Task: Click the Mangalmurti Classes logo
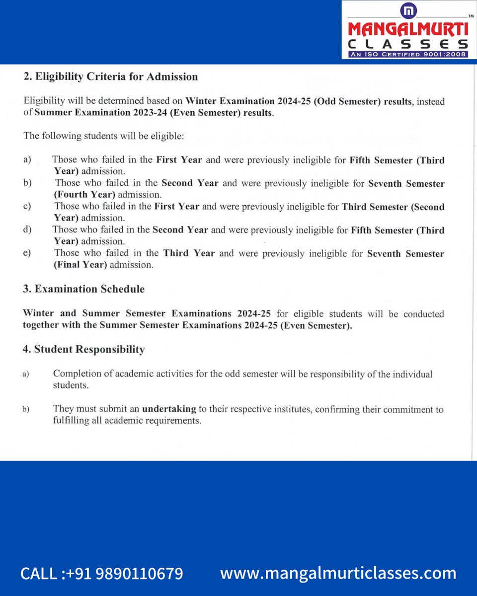pos(406,29)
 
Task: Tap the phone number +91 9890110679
pos(133,574)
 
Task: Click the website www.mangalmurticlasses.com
pos(338,573)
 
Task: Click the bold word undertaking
pos(169,410)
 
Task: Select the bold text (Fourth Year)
pos(84,194)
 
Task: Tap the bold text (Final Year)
pos(80,265)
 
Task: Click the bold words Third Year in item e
pos(189,253)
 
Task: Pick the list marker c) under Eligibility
pos(27,206)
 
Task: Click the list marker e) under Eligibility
pos(27,253)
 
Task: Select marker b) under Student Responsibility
pos(26,410)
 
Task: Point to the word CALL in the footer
pos(39,574)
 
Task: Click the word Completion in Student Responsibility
pos(77,374)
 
